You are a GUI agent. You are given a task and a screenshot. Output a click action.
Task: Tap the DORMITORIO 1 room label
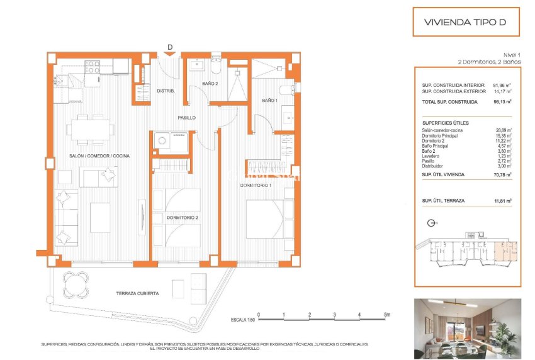pyautogui.click(x=256, y=186)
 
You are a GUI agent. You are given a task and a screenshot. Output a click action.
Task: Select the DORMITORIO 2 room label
pyautogui.click(x=183, y=218)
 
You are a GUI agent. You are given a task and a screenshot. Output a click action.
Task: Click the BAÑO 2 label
pyautogui.click(x=210, y=84)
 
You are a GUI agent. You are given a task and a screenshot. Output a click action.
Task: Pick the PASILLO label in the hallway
pyautogui.click(x=186, y=118)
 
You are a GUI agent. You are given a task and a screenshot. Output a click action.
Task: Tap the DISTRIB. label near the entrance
pyautogui.click(x=165, y=91)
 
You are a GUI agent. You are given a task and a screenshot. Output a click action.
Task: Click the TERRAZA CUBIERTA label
pyautogui.click(x=137, y=293)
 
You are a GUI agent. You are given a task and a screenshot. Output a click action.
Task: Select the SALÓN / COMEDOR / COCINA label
pyautogui.click(x=99, y=155)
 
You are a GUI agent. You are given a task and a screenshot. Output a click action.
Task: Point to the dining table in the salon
pyautogui.click(x=93, y=130)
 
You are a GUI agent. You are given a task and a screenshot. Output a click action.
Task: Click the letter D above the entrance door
pyautogui.click(x=170, y=47)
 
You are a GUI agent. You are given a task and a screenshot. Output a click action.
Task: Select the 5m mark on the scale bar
pyautogui.click(x=386, y=314)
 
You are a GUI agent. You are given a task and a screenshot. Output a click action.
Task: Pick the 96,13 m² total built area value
pyautogui.click(x=502, y=101)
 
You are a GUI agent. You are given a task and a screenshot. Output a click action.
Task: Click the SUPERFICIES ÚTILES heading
pyautogui.click(x=446, y=123)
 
